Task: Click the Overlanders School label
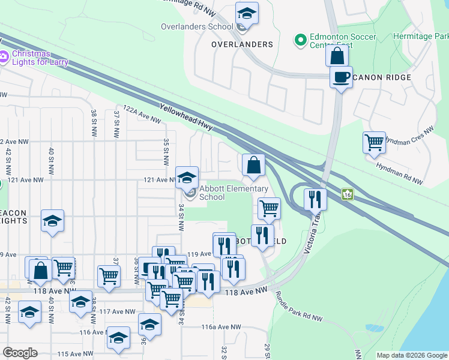[197, 26]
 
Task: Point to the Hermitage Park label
[420, 37]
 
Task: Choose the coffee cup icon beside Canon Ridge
[341, 77]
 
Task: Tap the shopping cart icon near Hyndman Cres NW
[374, 143]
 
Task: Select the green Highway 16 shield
[347, 194]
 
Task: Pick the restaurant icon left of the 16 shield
[315, 198]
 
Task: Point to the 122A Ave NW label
[142, 114]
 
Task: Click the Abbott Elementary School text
[233, 193]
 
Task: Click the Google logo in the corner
[20, 353]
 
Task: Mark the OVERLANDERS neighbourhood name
[242, 44]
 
